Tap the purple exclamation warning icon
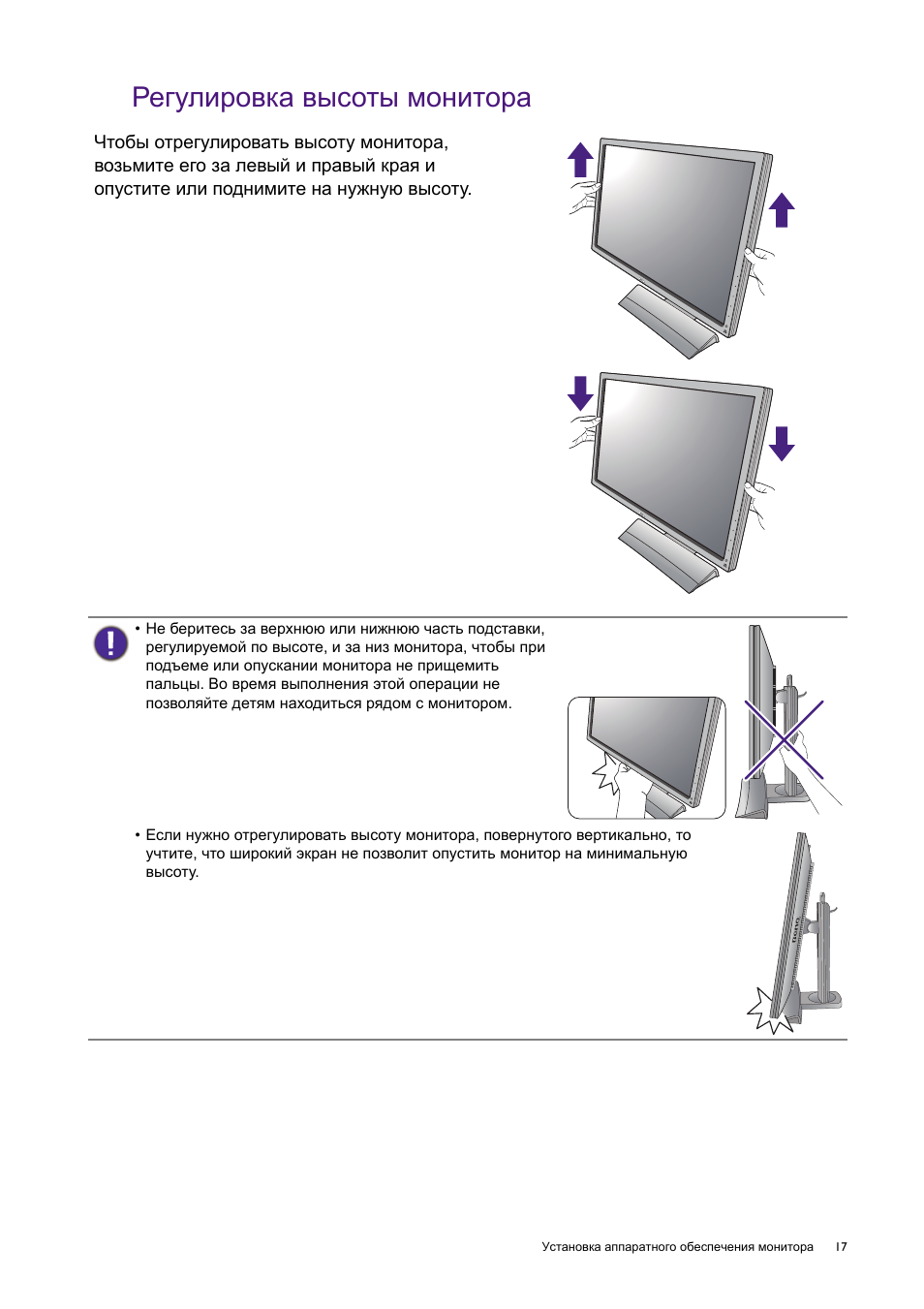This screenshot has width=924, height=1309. (110, 643)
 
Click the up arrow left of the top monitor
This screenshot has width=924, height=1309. (580, 159)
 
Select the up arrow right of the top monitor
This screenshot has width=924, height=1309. (782, 209)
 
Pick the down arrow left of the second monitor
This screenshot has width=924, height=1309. (580, 393)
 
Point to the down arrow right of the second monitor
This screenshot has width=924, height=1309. (782, 444)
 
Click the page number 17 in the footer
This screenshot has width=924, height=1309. (841, 1247)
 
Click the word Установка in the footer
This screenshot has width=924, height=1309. (570, 1247)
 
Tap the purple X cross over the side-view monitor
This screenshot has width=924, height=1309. (783, 740)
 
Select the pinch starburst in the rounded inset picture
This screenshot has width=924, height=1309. (607, 773)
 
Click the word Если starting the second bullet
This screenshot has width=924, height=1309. (163, 835)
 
